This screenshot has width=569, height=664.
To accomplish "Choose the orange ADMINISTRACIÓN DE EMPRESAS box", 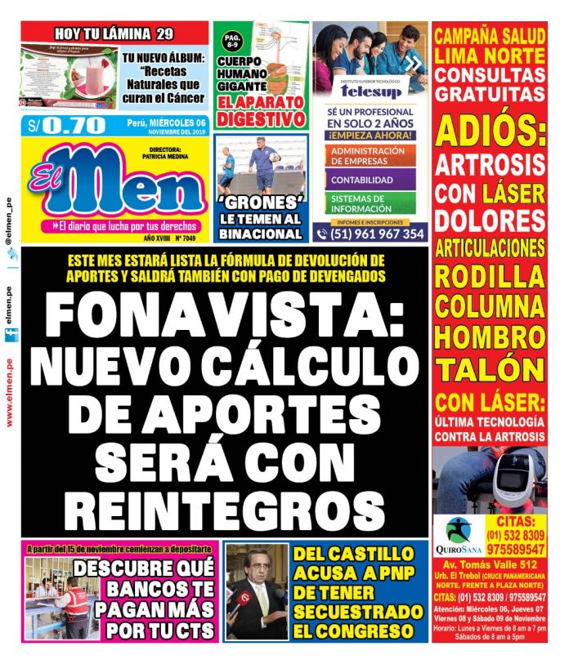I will [368, 155].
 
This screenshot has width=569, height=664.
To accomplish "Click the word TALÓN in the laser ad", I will [489, 367].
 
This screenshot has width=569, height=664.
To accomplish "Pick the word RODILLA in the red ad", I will [489, 276].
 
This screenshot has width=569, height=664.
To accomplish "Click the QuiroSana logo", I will [463, 535].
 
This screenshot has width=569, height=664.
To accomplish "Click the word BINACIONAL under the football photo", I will [261, 234].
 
